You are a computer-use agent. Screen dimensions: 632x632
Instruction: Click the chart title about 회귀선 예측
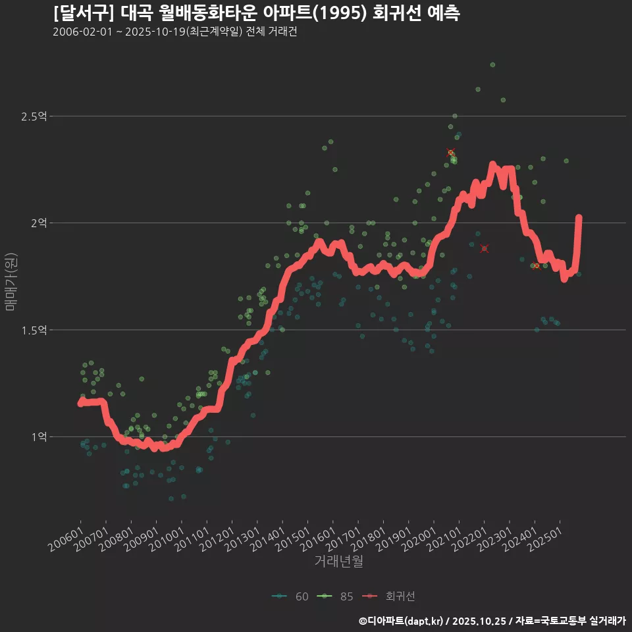256,13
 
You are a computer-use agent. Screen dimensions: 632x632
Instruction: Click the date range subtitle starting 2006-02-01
174,32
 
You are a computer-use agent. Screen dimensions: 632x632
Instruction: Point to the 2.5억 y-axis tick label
34,117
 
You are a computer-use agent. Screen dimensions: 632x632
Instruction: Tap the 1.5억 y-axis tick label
34,330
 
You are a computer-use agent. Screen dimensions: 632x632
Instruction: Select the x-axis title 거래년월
338,561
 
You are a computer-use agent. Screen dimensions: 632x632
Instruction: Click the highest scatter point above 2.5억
492,65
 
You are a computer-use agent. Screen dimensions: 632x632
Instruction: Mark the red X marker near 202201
485,248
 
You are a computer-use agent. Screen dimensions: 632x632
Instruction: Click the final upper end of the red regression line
579,218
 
